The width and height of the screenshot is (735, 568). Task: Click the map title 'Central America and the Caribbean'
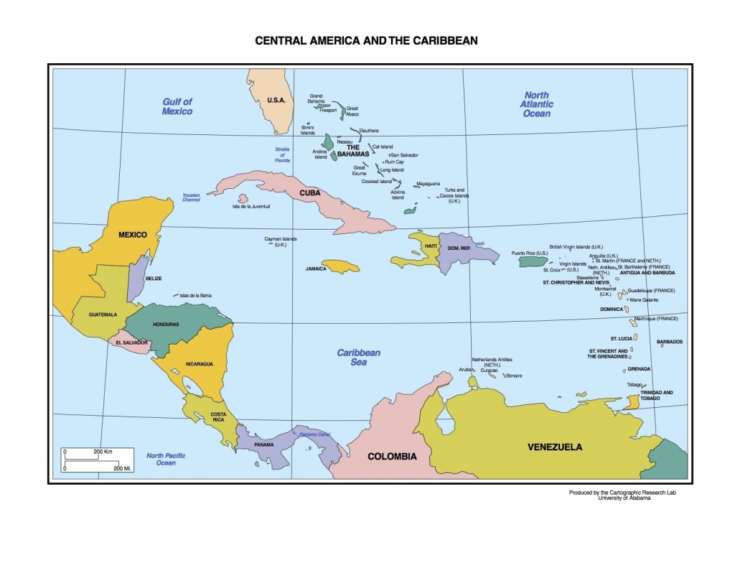(367, 41)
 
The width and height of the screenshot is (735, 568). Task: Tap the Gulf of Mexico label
(177, 106)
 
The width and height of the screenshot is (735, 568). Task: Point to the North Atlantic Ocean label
(536, 104)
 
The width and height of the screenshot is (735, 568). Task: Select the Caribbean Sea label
(359, 357)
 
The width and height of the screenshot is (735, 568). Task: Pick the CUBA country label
(310, 193)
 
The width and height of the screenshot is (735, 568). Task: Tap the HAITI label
(431, 246)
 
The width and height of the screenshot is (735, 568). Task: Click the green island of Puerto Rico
(533, 263)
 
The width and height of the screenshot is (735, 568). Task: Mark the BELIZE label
(154, 279)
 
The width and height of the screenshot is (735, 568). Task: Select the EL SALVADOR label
(131, 343)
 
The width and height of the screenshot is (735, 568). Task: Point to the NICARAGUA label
(199, 363)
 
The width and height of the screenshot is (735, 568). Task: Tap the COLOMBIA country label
(392, 456)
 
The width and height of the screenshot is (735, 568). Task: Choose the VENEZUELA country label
(555, 447)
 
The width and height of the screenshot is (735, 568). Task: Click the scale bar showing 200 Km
(98, 453)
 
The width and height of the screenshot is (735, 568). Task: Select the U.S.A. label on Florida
(276, 100)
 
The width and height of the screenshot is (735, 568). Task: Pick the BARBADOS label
(669, 342)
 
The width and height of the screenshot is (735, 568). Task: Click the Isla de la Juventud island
(243, 198)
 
